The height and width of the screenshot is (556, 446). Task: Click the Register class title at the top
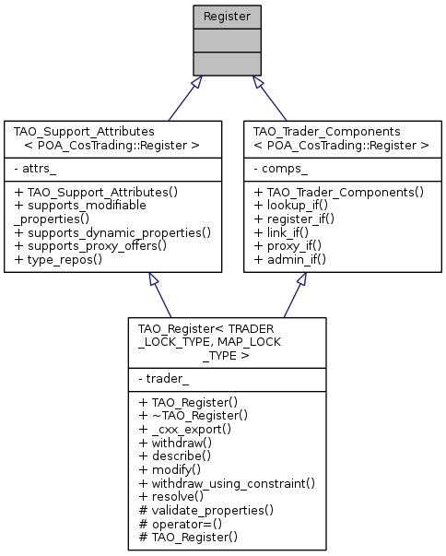tap(222, 16)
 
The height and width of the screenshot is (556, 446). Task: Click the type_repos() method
tap(63, 262)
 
